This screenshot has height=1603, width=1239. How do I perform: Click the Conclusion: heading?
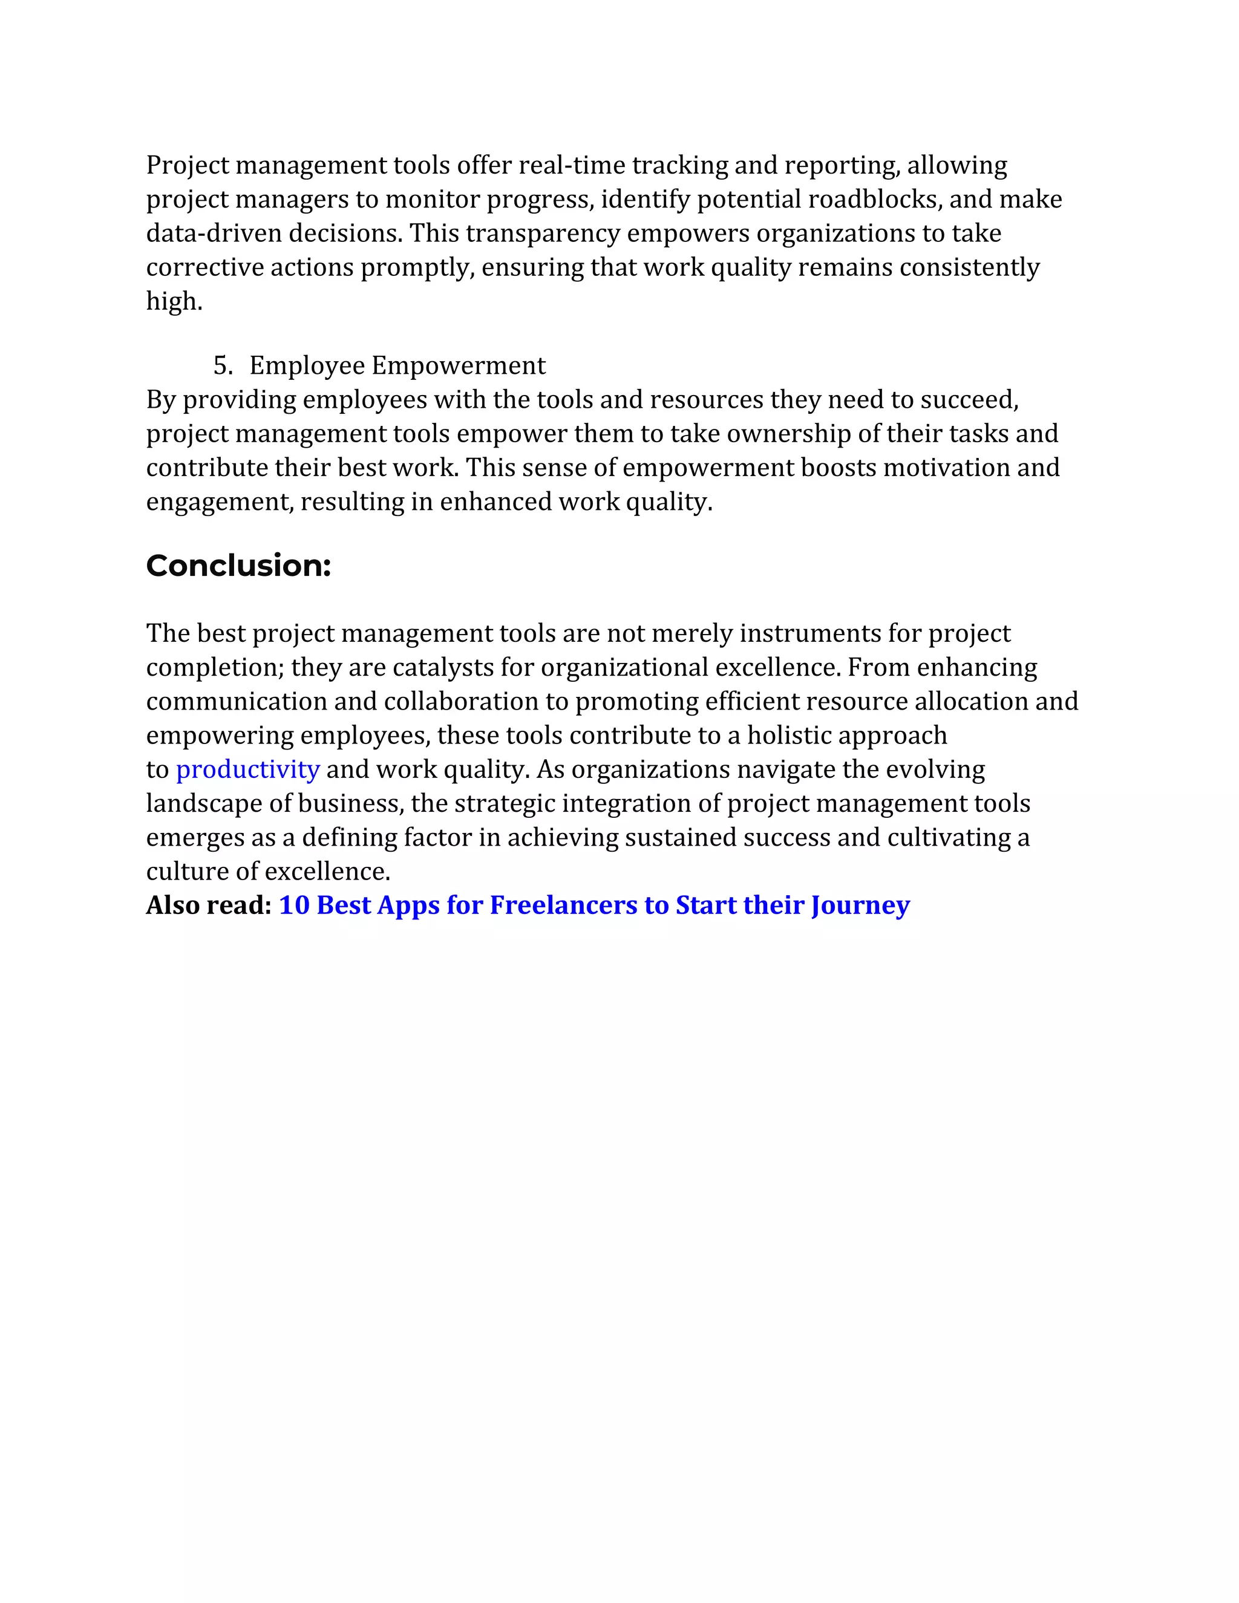[x=238, y=566]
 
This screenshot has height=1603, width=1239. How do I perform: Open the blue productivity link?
[x=247, y=769]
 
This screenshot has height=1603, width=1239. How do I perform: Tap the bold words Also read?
[x=209, y=905]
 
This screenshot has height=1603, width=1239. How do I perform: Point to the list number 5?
[x=223, y=365]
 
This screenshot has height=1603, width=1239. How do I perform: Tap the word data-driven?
[x=214, y=233]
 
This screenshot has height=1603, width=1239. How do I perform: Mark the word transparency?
[x=543, y=233]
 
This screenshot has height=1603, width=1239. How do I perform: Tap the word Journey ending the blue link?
[x=860, y=905]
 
